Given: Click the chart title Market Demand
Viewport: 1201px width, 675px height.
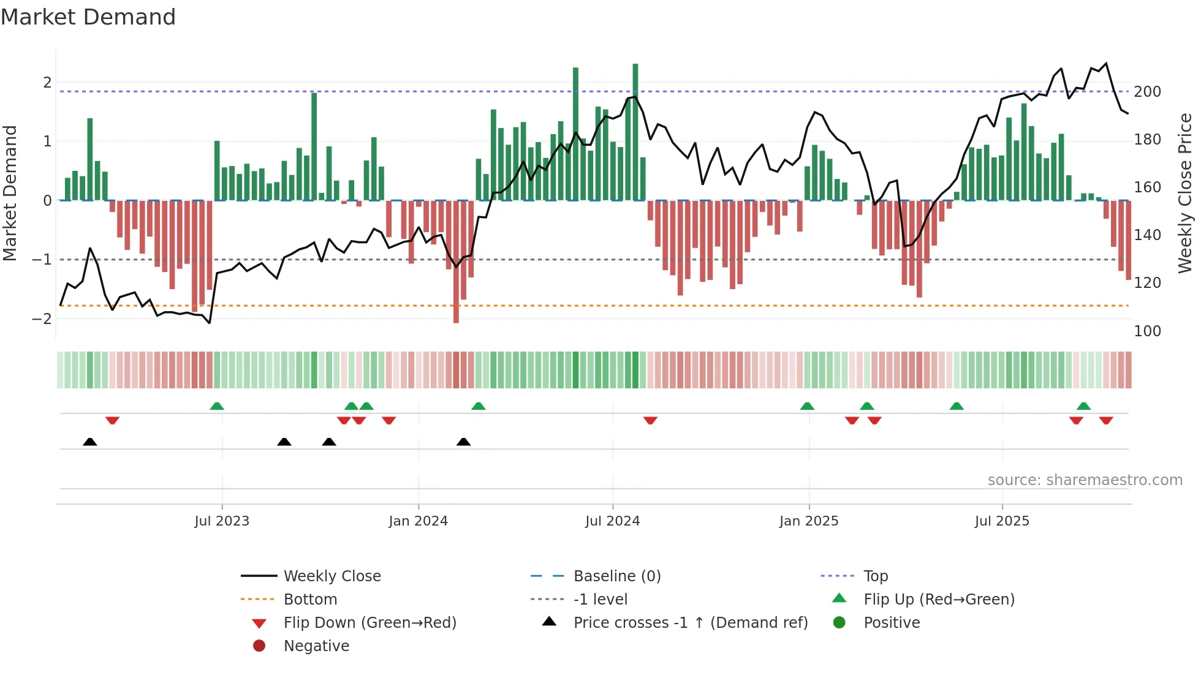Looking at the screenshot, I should pos(88,17).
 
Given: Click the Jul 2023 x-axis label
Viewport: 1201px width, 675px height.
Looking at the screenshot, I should pos(222,521).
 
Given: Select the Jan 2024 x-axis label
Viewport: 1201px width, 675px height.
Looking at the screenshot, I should pos(418,521).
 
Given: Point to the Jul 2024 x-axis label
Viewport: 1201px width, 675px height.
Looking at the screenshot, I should pos(612,521).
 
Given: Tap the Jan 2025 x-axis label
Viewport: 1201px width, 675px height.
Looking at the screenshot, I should pos(809,521).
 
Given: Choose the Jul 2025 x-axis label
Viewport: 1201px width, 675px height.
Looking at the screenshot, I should pos(1002,521).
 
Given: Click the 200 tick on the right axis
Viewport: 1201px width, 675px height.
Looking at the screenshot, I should pos(1147,92).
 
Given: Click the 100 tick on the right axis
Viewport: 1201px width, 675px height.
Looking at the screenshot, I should pos(1147,331).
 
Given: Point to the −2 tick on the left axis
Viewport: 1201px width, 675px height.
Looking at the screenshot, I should pos(42,319).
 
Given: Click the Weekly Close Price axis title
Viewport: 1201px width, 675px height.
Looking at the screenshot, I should pos(1185,193).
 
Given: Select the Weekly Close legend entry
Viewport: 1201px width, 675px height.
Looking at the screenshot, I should pos(332,576).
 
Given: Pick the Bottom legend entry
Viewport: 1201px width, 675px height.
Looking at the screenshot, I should pos(310,600).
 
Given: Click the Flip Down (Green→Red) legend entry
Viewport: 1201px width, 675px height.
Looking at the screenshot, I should pos(369,623).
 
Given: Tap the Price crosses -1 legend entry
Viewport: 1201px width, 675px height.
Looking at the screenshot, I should pos(690,623).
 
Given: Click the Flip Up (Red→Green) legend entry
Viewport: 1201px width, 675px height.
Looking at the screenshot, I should pos(939,600).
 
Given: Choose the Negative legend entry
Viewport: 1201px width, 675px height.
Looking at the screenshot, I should pos(316,646).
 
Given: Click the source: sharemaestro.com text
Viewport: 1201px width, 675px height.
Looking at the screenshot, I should pos(1085,480).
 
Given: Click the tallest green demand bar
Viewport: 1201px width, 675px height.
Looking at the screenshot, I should pos(635,132).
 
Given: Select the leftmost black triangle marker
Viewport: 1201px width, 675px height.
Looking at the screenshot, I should pos(90,442).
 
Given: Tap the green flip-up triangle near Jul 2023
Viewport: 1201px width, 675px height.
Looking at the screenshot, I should pos(217,406).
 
